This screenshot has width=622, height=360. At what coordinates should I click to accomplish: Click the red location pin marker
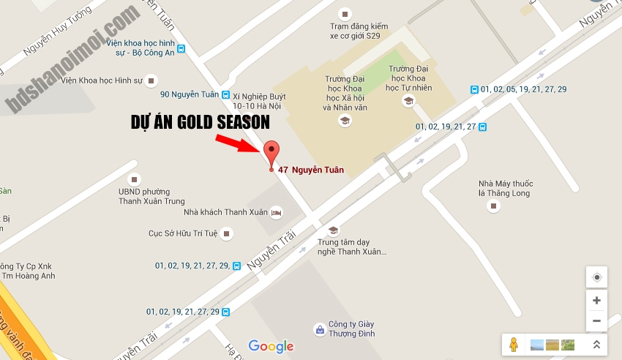tap(271, 152)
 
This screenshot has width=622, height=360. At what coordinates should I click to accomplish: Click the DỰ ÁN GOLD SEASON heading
tap(200, 121)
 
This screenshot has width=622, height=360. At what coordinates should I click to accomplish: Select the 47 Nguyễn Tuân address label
tap(310, 170)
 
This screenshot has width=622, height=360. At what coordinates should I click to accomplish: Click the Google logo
tap(271, 346)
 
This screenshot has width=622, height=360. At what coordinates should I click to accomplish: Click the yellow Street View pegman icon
tap(514, 345)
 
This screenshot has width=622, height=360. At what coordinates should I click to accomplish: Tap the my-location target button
tap(596, 277)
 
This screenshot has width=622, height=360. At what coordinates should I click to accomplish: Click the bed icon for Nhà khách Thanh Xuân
tap(276, 212)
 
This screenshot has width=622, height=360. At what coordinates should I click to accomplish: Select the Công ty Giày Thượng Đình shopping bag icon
tap(319, 329)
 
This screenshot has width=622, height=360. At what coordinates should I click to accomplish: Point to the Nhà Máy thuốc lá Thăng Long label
tap(505, 188)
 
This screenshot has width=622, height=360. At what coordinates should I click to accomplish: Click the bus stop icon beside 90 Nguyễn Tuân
tap(225, 94)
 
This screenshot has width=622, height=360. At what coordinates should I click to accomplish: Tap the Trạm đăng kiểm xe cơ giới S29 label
tap(356, 30)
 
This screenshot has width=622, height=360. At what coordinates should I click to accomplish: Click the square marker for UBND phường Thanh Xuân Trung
tap(133, 179)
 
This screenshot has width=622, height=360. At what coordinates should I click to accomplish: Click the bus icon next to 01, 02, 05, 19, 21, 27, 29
tap(475, 89)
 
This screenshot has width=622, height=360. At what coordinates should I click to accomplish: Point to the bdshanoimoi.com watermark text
tap(73, 59)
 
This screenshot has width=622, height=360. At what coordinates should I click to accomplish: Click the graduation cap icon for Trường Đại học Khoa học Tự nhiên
tap(408, 101)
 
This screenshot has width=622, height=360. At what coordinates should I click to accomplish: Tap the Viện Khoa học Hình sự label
tap(101, 79)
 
